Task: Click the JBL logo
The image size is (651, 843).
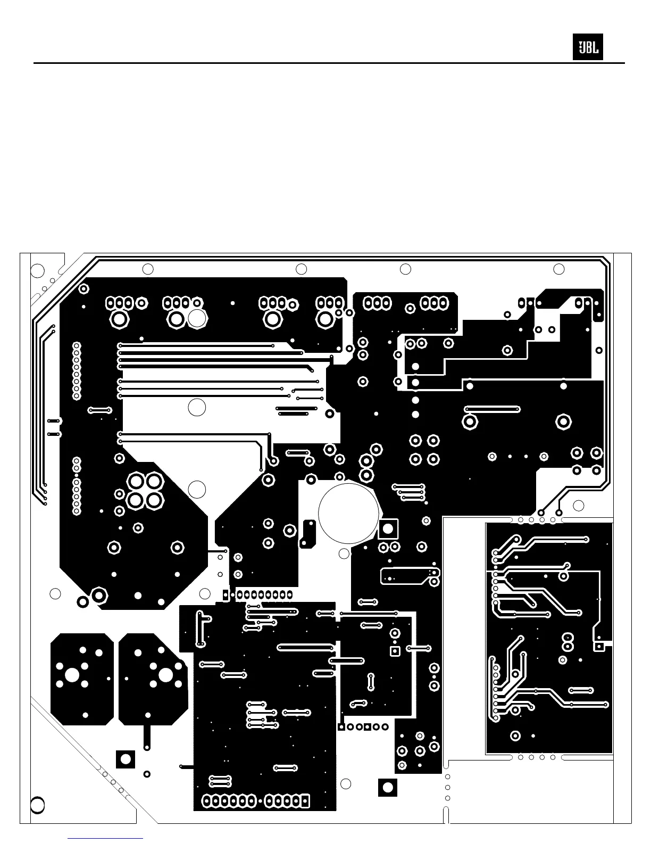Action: click(588, 47)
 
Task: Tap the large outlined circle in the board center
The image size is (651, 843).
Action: click(349, 511)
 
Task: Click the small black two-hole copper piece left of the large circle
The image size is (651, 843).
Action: click(308, 533)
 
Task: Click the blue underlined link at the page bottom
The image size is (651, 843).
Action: click(106, 838)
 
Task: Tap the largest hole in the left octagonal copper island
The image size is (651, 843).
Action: click(72, 675)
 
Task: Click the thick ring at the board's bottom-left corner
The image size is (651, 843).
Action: click(37, 805)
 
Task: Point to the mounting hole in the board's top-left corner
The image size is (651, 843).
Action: click(37, 270)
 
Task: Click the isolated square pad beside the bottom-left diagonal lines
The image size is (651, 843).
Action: click(126, 759)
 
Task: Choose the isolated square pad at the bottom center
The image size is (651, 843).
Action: click(388, 787)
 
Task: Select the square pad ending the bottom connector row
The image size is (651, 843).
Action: click(305, 800)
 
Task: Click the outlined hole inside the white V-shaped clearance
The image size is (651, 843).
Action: click(197, 489)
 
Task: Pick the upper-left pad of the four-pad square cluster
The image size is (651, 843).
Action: click(136, 482)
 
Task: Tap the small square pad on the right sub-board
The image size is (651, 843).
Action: click(599, 647)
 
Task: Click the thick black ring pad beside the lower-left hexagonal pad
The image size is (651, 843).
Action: click(82, 602)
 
